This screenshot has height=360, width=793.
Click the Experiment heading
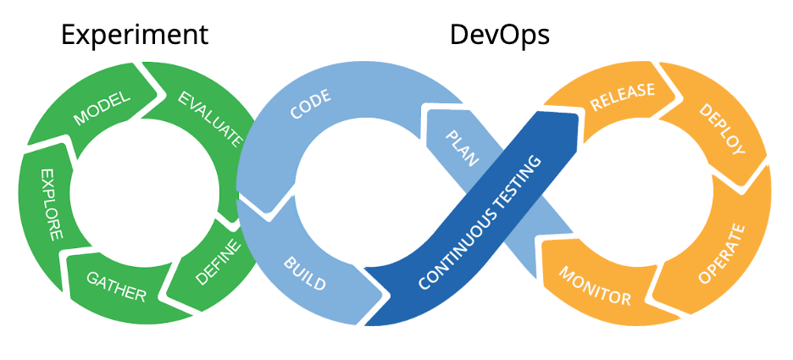pyautogui.click(x=135, y=35)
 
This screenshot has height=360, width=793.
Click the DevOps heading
pyautogui.click(x=500, y=35)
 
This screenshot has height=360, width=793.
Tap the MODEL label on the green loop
pyautogui.click(x=102, y=108)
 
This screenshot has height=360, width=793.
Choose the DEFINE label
pyautogui.click(x=219, y=263)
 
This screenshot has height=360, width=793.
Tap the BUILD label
pyautogui.click(x=304, y=272)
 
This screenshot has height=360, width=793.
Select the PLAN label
pyautogui.click(x=463, y=149)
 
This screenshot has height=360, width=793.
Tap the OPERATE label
pyautogui.click(x=721, y=253)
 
